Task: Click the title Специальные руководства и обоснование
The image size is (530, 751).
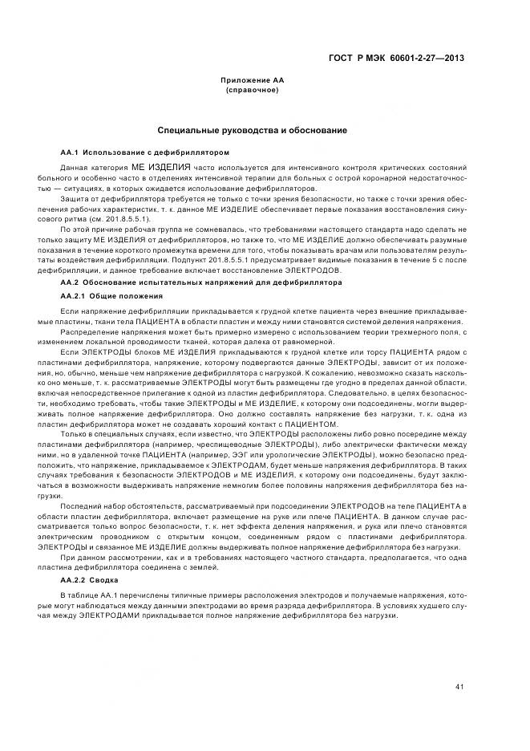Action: pyautogui.click(x=252, y=130)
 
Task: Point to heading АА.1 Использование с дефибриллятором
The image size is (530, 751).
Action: pyautogui.click(x=145, y=152)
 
